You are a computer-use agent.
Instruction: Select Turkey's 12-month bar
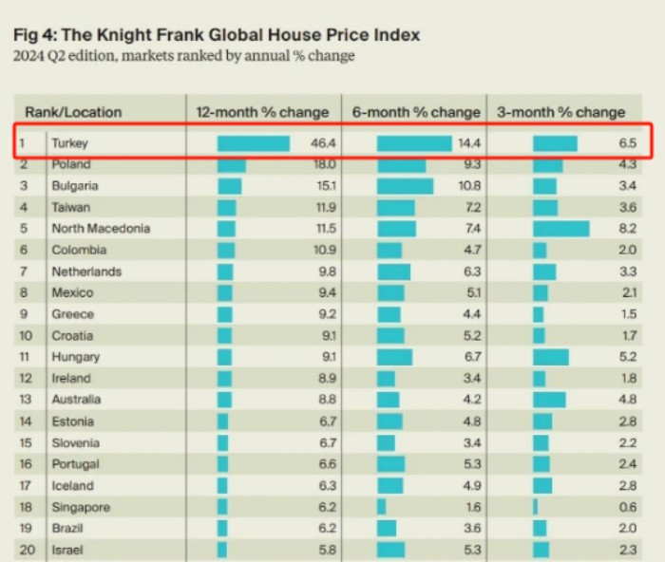253,143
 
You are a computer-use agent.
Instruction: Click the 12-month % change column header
262,112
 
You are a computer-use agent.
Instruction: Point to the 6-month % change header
416,112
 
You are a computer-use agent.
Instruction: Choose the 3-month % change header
561,112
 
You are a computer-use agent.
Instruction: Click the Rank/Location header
73,112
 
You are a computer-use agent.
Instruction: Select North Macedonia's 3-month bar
560,229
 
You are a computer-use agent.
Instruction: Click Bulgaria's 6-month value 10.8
467,186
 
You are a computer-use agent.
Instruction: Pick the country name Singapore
81,508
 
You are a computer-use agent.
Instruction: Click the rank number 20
27,550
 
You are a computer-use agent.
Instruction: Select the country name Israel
66,550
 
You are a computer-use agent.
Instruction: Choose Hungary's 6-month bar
394,357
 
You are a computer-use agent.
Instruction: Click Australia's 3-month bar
549,400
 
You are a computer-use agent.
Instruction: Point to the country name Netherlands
86,272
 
